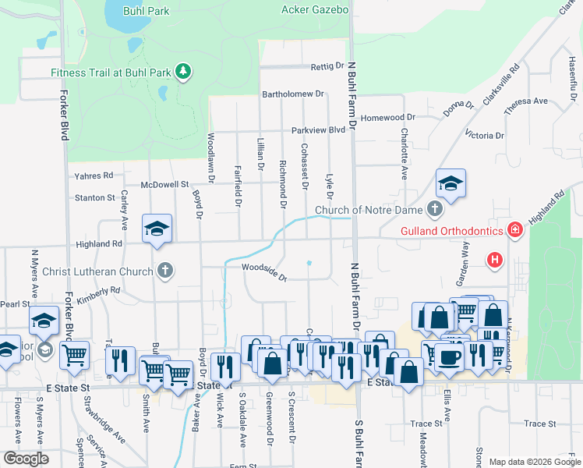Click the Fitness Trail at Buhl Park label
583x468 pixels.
pyautogui.click(x=111, y=73)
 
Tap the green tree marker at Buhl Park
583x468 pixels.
pyautogui.click(x=183, y=73)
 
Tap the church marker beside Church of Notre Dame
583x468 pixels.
pyautogui.click(x=435, y=210)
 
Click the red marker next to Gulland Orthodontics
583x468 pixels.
pyautogui.click(x=514, y=230)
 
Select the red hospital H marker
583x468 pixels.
pyautogui.click(x=494, y=261)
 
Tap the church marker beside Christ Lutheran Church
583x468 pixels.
pyautogui.click(x=164, y=271)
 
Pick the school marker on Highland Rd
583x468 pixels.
pyautogui.click(x=157, y=229)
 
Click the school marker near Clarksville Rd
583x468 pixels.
pyautogui.click(x=450, y=184)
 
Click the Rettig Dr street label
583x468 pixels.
pyautogui.click(x=327, y=66)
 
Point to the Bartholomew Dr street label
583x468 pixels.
pyautogui.click(x=292, y=94)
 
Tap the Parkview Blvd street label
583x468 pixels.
pyautogui.click(x=318, y=130)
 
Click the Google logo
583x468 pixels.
pyautogui.click(x=26, y=459)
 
